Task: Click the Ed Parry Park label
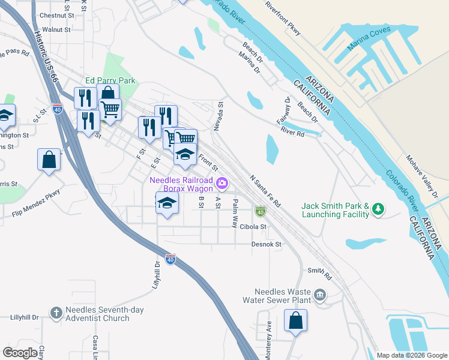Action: coord(110,80)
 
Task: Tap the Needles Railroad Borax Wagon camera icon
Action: coord(223,182)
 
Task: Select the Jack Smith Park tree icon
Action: coord(378,209)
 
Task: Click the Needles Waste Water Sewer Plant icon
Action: coord(320,294)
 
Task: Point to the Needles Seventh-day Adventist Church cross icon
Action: coord(56,312)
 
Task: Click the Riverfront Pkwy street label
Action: coord(282,19)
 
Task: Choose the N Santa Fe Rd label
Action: coord(265,191)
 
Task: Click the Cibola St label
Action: coord(253,227)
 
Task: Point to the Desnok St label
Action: coord(267,244)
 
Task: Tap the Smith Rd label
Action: coord(319,274)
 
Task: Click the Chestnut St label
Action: coord(56,15)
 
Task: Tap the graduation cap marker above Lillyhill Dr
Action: coord(167,203)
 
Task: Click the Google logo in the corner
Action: coord(20,352)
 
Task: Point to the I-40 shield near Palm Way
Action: coord(260,211)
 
